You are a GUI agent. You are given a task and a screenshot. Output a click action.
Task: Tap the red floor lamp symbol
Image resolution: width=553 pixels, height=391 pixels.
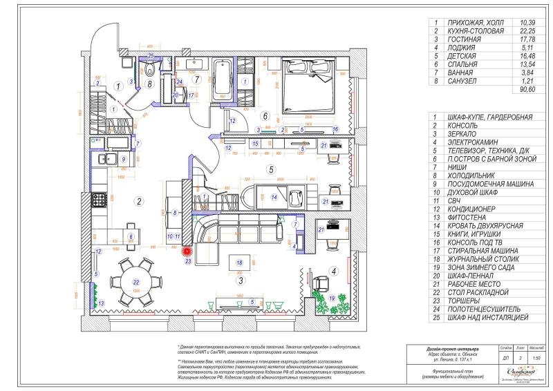186,253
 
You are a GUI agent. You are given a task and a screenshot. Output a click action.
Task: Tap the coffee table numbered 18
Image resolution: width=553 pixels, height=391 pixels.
239,263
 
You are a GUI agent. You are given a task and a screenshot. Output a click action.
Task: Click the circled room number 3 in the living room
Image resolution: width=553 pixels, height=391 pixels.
241,280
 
